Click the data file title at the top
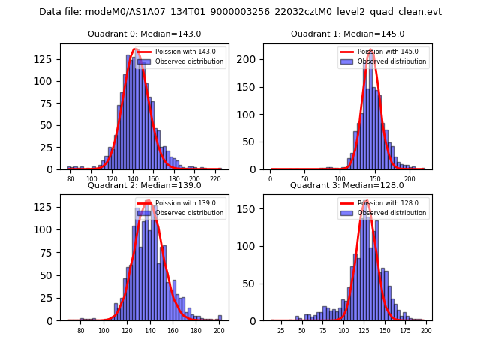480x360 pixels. pyautogui.click(x=240, y=12)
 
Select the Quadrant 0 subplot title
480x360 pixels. pyautogui.click(x=144, y=34)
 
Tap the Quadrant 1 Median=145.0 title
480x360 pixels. pyautogui.click(x=347, y=34)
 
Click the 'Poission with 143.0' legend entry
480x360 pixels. pyautogui.click(x=185, y=52)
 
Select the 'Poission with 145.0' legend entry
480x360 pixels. pyautogui.click(x=388, y=52)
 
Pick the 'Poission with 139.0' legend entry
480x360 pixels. pyautogui.click(x=185, y=203)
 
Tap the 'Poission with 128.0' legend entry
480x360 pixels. pyautogui.click(x=388, y=203)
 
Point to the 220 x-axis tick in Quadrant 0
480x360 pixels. pyautogui.click(x=215, y=180)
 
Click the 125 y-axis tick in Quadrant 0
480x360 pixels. pyautogui.click(x=46, y=58)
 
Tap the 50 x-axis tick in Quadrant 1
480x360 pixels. pyautogui.click(x=305, y=180)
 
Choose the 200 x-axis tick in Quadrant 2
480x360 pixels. pyautogui.click(x=219, y=331)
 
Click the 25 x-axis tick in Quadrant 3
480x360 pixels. pyautogui.click(x=281, y=331)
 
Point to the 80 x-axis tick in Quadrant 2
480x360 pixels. pyautogui.click(x=81, y=331)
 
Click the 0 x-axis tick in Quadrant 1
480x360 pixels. pyautogui.click(x=271, y=180)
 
